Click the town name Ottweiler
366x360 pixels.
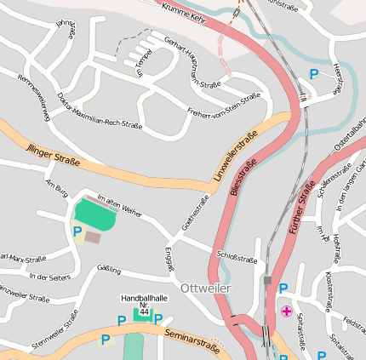(206, 289)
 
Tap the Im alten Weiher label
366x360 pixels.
(120, 204)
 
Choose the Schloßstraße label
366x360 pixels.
(237, 257)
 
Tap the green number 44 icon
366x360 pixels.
(144, 313)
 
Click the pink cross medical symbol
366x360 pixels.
(286, 311)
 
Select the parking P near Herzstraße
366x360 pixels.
(314, 75)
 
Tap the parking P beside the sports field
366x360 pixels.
(77, 231)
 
